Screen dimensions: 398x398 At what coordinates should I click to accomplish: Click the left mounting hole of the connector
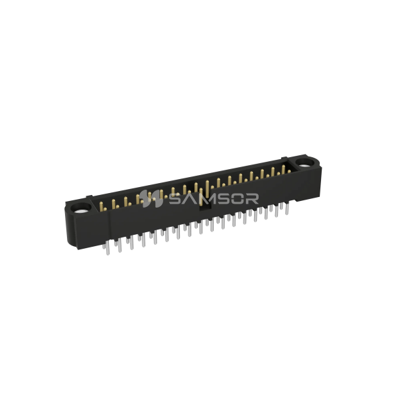[83, 212]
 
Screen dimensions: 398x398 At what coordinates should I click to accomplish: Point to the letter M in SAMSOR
[206, 197]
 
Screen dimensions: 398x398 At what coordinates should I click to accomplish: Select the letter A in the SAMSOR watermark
[188, 197]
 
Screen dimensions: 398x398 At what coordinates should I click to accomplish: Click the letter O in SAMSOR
[240, 197]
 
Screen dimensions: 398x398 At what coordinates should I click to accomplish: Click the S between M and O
[224, 197]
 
